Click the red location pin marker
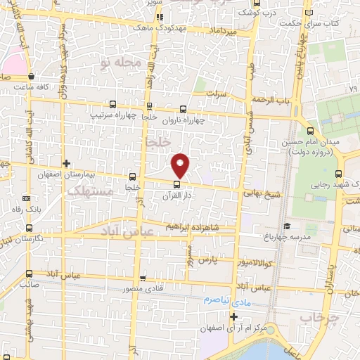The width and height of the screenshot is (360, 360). (181, 165)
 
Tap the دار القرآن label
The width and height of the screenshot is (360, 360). (176, 195)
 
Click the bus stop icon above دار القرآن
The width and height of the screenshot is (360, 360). (176, 185)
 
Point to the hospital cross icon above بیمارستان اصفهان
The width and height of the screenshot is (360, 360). (66, 163)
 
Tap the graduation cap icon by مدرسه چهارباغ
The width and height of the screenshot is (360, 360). (286, 226)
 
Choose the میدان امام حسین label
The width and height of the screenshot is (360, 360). (307, 143)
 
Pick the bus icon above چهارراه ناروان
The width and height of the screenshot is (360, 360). (184, 109)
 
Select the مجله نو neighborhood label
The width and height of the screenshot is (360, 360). (121, 63)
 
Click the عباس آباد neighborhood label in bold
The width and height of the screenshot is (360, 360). (124, 231)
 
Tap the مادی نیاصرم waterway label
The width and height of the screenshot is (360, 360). (226, 299)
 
